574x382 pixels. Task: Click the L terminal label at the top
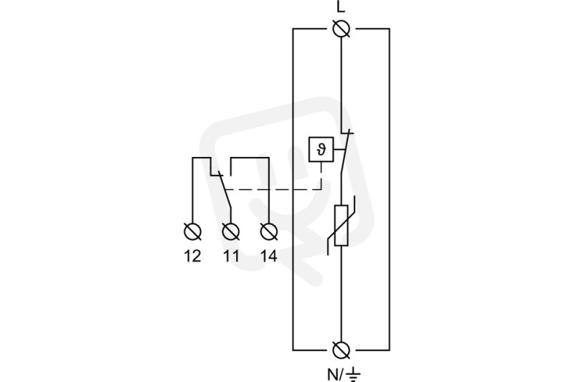[x=341, y=7]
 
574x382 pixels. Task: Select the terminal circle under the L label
[x=342, y=29]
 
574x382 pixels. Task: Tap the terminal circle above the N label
[x=342, y=350]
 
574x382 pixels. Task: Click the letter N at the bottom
[x=333, y=374]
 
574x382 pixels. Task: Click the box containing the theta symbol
[x=321, y=149]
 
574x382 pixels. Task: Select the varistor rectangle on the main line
[x=342, y=225]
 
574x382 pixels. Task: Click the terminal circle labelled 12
[x=192, y=231]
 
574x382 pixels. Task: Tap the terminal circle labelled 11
[x=231, y=231]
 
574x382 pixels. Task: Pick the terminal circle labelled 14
[x=269, y=231]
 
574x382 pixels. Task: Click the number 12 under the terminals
[x=192, y=257]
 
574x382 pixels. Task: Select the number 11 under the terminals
[x=231, y=257]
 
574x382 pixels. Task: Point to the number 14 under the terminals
[x=269, y=257]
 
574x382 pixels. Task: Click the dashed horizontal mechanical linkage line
[x=273, y=189]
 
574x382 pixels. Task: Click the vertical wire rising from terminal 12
[x=192, y=190]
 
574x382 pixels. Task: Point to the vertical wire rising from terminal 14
[x=269, y=190]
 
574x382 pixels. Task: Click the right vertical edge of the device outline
[x=389, y=189]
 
